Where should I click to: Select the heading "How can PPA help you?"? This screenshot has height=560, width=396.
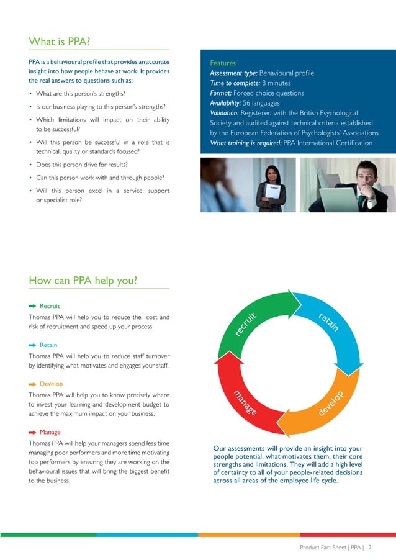pyautogui.click(x=83, y=281)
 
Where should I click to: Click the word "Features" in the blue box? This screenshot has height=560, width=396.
pyautogui.click(x=223, y=63)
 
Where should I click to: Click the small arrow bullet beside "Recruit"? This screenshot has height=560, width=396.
pyautogui.click(x=33, y=306)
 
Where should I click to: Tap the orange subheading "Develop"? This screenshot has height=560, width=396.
pyautogui.click(x=51, y=384)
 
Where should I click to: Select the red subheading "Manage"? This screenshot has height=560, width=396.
pyautogui.click(x=50, y=432)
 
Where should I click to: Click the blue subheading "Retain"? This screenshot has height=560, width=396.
pyautogui.click(x=48, y=345)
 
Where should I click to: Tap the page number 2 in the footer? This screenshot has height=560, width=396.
pyautogui.click(x=370, y=548)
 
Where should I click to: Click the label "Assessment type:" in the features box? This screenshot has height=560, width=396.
pyautogui.click(x=233, y=73)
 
